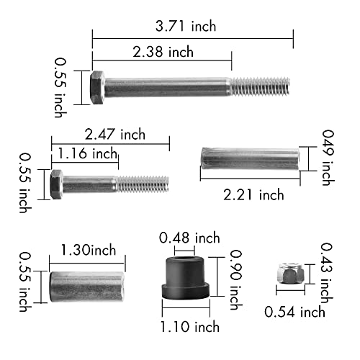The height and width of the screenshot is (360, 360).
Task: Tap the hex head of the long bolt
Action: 99,87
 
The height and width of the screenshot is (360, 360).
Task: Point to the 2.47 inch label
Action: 114,134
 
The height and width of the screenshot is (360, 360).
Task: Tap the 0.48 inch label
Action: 189,237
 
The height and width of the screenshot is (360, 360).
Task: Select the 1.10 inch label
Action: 190,327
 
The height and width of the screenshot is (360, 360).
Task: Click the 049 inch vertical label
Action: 327,158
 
